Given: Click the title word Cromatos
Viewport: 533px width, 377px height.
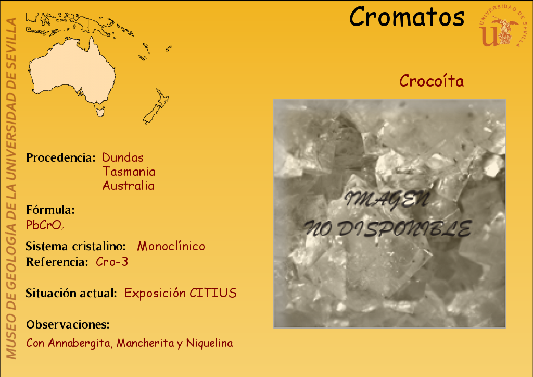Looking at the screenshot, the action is (x=407, y=17).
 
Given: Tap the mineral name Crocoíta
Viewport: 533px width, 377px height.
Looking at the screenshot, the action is (x=432, y=81).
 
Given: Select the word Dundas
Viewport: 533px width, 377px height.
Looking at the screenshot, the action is (x=123, y=157).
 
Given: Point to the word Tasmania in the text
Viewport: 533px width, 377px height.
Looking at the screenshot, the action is (x=129, y=172).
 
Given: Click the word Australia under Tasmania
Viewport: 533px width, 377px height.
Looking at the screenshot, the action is (x=128, y=186).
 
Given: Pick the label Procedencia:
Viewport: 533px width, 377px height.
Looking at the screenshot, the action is (x=61, y=157).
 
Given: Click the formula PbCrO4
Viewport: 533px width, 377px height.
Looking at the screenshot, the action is (x=45, y=225).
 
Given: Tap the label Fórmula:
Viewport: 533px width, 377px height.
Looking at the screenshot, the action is (x=50, y=210).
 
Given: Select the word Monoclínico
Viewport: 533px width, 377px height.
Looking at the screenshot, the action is (x=171, y=246).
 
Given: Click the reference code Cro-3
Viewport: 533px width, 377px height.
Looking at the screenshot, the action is (x=112, y=262).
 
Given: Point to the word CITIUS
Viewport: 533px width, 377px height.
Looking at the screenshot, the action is (x=213, y=293).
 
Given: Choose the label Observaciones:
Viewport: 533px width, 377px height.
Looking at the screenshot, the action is (x=68, y=324).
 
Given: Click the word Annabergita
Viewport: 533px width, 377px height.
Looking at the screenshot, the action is (x=80, y=343).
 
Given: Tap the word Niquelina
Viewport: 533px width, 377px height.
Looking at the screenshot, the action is (x=209, y=343).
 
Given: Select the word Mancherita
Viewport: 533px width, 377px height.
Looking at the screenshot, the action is (x=145, y=343).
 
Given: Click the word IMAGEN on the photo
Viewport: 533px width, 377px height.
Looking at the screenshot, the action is (x=387, y=199).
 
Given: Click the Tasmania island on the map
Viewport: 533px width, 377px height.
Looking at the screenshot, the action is (x=100, y=112).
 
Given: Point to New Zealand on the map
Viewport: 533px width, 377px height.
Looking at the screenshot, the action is (x=156, y=106).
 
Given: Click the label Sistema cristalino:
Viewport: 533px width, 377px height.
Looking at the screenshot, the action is (x=76, y=246).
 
